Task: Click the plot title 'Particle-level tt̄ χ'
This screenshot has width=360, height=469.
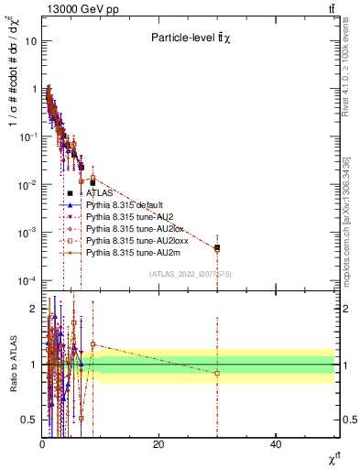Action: tap(194, 38)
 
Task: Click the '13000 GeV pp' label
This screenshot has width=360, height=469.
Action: tap(69, 9)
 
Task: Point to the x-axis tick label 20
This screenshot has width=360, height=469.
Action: tap(158, 444)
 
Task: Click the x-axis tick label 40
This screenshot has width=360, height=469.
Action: tap(276, 444)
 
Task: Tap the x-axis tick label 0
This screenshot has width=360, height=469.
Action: tap(42, 444)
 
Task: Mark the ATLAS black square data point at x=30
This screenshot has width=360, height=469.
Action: tap(217, 247)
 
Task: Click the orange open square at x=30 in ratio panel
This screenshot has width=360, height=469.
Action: tap(217, 373)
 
